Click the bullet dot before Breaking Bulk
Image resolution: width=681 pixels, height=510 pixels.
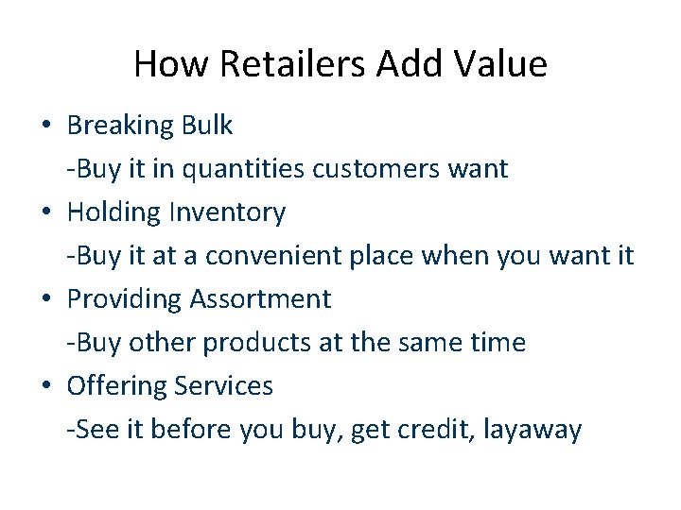pos(45,126)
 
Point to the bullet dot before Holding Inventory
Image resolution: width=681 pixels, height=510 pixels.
pos(45,212)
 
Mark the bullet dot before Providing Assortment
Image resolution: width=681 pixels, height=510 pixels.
pos(45,299)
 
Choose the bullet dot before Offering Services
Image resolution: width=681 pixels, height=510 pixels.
pos(45,386)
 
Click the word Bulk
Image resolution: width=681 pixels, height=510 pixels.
pos(204,126)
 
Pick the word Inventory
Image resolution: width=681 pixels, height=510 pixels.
pos(227,212)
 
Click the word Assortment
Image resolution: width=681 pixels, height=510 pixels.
pos(260,299)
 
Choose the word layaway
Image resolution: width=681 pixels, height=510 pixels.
pos(532,430)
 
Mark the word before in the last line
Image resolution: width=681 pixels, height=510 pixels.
pos(196,430)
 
